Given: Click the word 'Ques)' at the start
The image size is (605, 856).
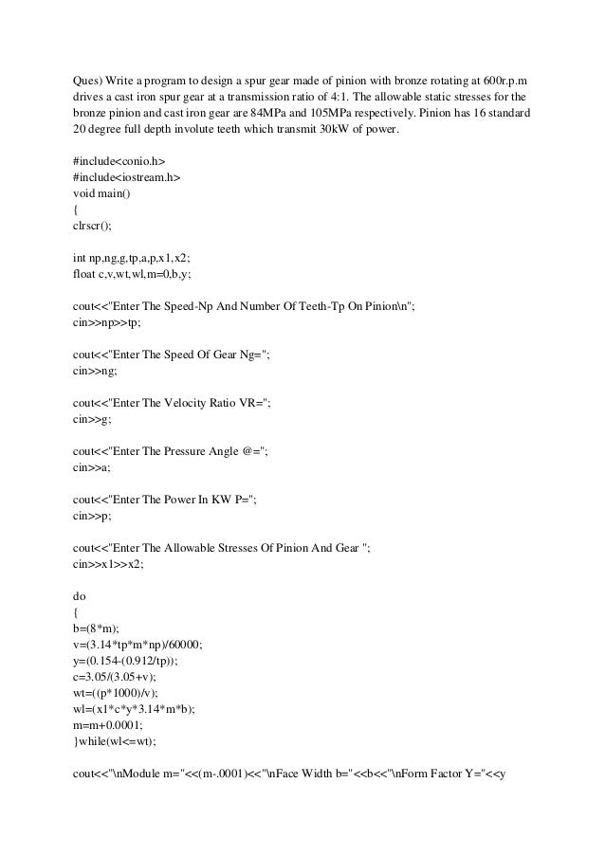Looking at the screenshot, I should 88,80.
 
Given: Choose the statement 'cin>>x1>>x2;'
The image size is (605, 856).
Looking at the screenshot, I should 108,563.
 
